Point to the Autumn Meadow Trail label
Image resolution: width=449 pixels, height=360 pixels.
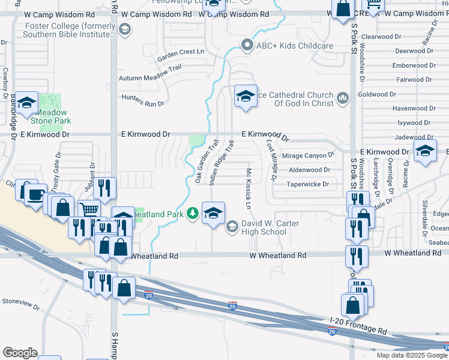149,78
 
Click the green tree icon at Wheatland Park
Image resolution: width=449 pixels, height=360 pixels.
192,213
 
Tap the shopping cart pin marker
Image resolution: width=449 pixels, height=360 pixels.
89,210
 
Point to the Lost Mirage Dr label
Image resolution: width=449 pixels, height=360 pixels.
271,161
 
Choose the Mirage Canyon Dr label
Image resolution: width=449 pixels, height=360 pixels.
308,155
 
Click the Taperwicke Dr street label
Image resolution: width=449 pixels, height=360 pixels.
309,184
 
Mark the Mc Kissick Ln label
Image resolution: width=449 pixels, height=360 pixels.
247,188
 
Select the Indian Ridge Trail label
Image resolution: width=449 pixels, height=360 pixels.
221,163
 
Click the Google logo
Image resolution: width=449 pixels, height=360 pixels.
20,353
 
